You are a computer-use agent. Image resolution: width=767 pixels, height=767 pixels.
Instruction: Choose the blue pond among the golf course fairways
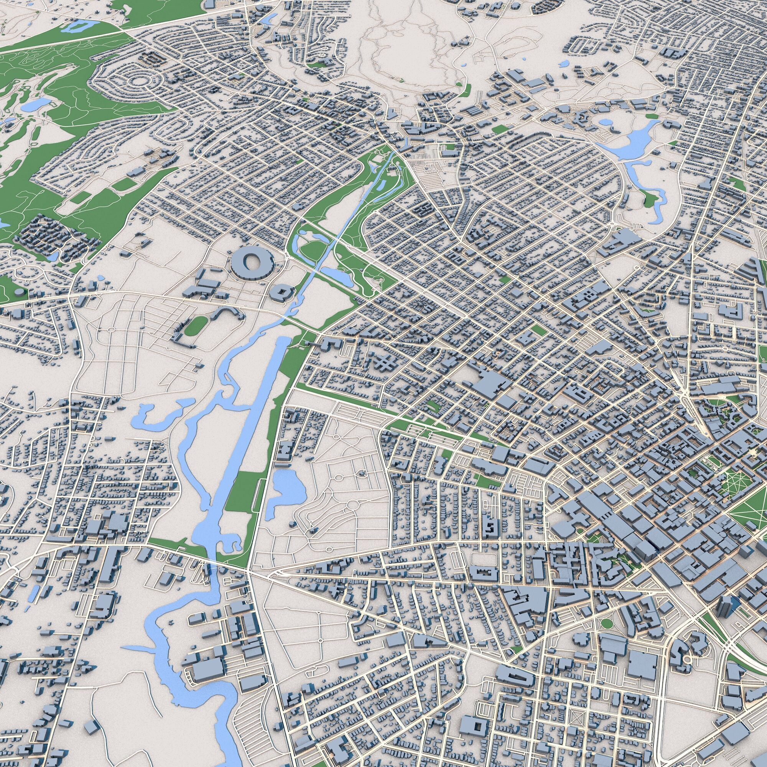click(36, 104)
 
